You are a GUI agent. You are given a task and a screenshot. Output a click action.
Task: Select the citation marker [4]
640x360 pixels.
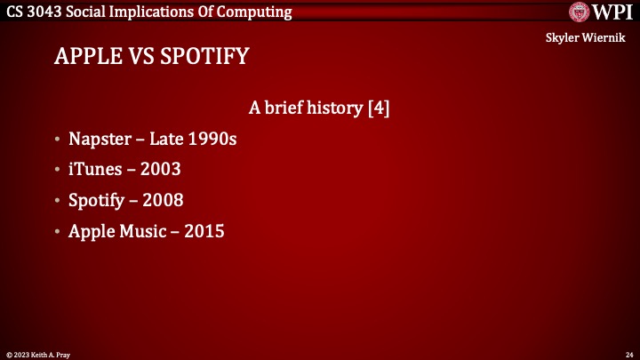379,108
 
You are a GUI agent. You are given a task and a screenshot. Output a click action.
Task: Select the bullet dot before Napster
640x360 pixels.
57,140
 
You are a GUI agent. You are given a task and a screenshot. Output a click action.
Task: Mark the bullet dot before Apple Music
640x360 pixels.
57,231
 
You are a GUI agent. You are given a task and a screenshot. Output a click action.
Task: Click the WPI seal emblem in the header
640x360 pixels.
581,12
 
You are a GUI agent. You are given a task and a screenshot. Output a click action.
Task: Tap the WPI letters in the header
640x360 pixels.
612,12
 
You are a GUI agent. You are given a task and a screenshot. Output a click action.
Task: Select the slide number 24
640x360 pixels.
628,353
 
